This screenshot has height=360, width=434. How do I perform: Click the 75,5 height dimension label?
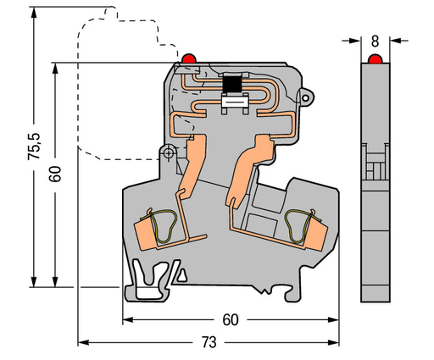click(33, 147)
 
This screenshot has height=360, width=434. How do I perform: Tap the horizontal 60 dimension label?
click(229, 320)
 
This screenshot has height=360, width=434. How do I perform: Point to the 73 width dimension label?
click(209, 342)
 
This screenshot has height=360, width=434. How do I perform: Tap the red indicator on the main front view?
click(188, 58)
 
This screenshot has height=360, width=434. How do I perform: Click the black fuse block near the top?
click(231, 84)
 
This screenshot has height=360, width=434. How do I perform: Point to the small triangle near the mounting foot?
click(180, 274)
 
